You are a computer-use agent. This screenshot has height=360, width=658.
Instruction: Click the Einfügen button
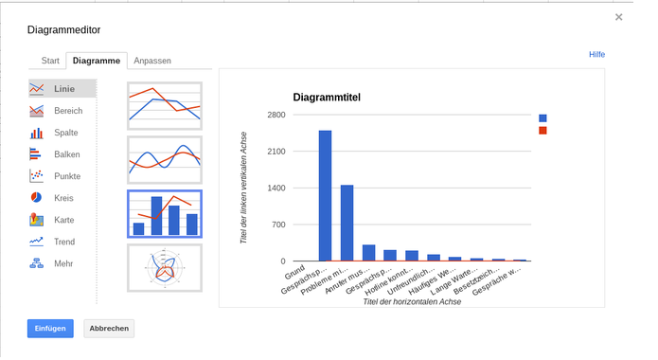(50, 328)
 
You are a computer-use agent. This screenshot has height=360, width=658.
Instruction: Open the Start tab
(51, 61)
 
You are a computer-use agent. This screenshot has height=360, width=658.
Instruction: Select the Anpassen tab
(152, 61)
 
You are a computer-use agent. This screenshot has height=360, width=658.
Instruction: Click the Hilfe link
(596, 55)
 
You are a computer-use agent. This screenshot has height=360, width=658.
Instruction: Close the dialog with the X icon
(619, 17)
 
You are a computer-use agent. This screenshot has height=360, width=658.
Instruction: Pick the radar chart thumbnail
(165, 268)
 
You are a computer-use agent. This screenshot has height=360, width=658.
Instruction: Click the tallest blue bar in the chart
(325, 195)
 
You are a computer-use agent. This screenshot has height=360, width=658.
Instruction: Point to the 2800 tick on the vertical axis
(276, 115)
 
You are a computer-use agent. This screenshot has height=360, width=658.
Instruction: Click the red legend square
(542, 131)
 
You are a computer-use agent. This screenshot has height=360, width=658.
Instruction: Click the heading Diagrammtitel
(327, 98)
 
